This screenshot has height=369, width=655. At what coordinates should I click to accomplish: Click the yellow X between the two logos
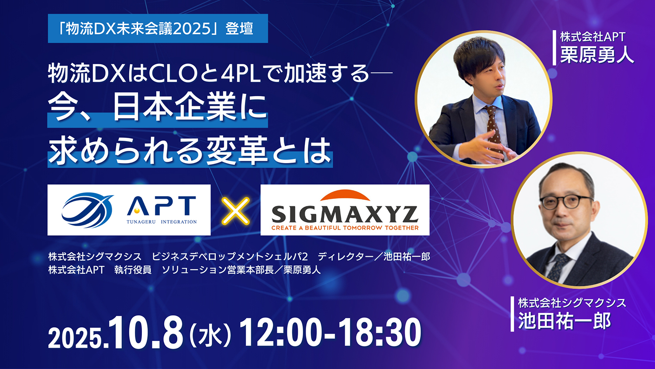click(235, 210)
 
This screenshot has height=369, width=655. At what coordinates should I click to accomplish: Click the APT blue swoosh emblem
click(87, 210)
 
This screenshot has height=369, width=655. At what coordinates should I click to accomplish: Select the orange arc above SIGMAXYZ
click(345, 196)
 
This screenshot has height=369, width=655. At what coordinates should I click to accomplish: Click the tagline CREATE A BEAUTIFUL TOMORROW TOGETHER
click(345, 228)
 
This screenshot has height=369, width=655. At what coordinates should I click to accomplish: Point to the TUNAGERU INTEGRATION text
click(162, 222)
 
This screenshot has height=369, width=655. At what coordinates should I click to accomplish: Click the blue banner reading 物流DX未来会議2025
click(158, 29)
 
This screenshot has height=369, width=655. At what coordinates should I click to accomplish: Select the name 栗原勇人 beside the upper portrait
click(596, 55)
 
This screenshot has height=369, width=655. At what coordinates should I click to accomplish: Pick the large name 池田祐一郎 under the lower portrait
click(564, 321)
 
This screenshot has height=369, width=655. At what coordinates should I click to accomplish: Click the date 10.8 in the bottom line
click(146, 333)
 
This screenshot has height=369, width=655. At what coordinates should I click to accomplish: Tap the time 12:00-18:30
click(330, 333)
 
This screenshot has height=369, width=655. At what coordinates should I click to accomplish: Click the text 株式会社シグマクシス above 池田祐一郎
click(572, 303)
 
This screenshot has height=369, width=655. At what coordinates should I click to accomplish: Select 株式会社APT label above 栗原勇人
click(593, 37)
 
